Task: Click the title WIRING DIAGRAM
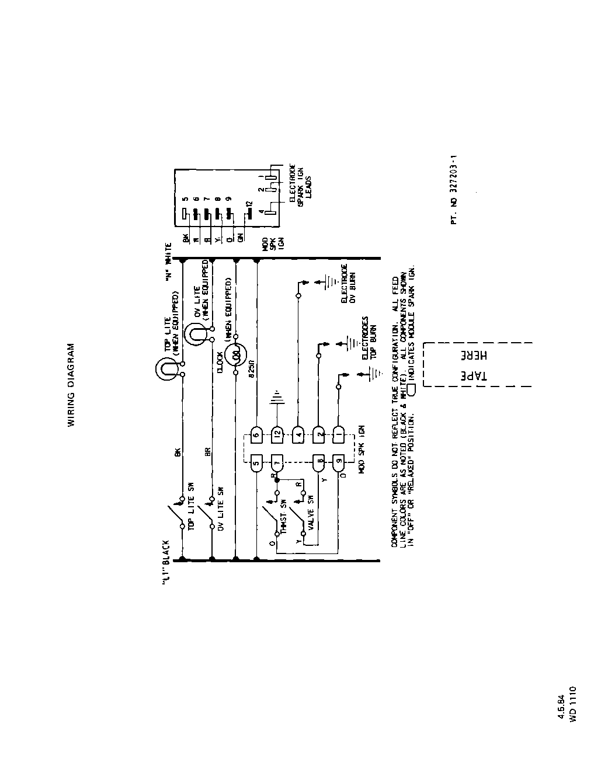point(71,385)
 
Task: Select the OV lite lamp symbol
point(196,335)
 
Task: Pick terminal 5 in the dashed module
point(257,466)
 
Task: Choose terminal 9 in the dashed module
point(338,466)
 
